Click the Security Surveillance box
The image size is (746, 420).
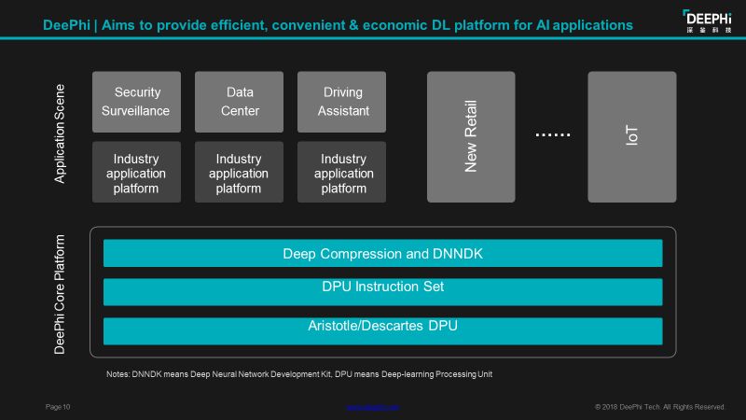[137, 102]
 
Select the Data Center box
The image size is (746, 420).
[240, 102]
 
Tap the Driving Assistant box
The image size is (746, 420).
[344, 102]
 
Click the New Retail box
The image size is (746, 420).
[471, 136]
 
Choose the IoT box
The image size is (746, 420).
[632, 136]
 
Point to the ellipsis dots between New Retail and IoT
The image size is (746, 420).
[552, 135]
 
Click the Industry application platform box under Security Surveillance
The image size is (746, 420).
[137, 173]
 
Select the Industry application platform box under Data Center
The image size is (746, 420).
[240, 173]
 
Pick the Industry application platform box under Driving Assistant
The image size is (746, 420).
[344, 173]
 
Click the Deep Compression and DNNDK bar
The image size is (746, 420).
[382, 254]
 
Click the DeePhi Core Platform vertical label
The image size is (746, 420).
[61, 293]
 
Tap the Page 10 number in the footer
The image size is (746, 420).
[58, 407]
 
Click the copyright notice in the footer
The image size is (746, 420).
[659, 407]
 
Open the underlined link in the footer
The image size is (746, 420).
[373, 407]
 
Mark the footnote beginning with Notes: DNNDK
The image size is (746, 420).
[298, 374]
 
